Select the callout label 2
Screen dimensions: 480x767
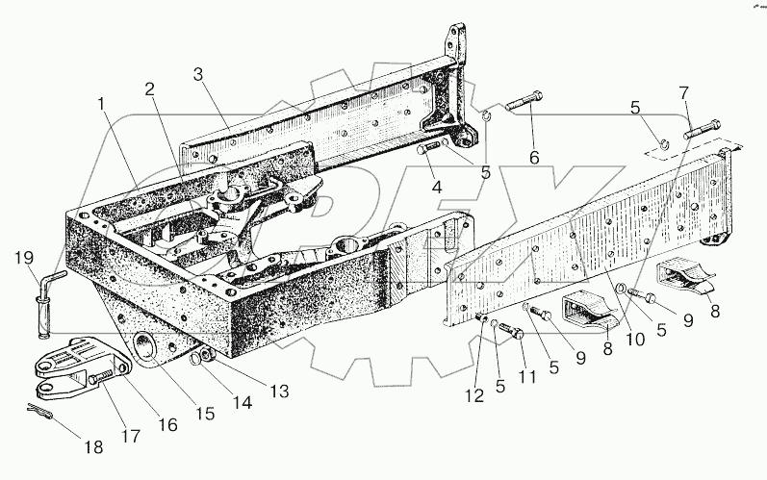149,88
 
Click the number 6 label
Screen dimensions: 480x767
532,156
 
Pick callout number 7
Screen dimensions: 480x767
684,92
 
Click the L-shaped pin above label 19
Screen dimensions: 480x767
48,289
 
